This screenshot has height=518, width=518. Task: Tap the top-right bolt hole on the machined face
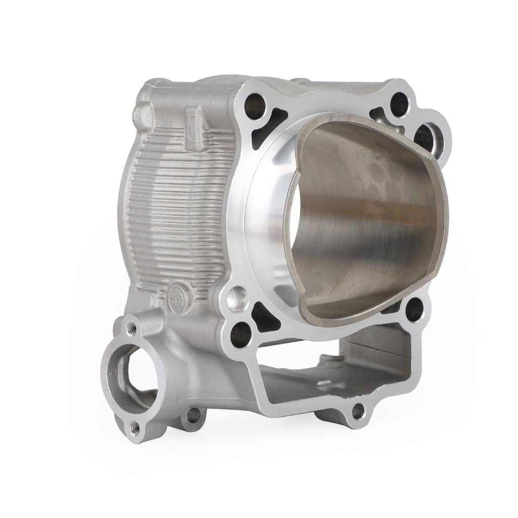[399, 104]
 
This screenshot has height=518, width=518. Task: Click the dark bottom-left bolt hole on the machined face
[241, 334]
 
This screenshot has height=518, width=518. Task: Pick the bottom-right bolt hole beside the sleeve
[414, 310]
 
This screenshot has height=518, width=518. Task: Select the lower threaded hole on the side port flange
[135, 428]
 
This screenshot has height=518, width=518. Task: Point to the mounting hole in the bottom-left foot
[193, 415]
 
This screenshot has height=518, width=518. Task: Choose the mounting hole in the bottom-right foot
[358, 411]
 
